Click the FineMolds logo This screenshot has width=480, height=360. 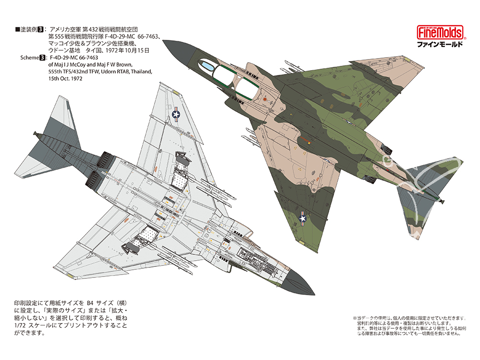(x=440, y=33)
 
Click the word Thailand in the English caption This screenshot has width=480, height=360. (x=141, y=72)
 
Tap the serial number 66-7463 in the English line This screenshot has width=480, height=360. (x=88, y=58)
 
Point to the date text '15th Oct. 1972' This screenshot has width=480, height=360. (x=65, y=79)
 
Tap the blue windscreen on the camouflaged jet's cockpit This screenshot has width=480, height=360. (x=206, y=65)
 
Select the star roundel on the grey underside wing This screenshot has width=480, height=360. (x=176, y=115)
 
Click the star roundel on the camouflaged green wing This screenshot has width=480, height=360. (x=302, y=218)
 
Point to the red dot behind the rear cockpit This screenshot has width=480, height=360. (x=265, y=99)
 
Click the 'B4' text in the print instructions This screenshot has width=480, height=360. (x=90, y=303)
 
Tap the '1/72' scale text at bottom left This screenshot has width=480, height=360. (x=19, y=325)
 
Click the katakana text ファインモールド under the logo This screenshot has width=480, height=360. (x=440, y=44)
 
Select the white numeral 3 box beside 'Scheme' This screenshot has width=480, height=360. (x=42, y=58)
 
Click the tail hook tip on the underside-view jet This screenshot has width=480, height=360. (x=35, y=133)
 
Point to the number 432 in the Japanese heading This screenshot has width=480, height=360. (x=93, y=29)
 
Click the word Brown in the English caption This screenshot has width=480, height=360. (x=125, y=65)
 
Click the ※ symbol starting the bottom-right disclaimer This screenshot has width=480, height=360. (x=355, y=318)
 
